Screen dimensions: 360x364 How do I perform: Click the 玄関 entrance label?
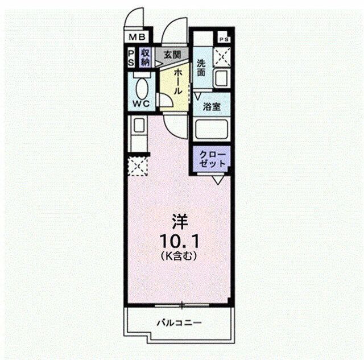tap(172, 55)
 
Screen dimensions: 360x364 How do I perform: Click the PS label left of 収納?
tap(131, 58)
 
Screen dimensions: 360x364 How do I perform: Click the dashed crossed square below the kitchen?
tap(138, 165)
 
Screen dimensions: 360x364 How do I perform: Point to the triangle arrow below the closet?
tap(217, 180)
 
